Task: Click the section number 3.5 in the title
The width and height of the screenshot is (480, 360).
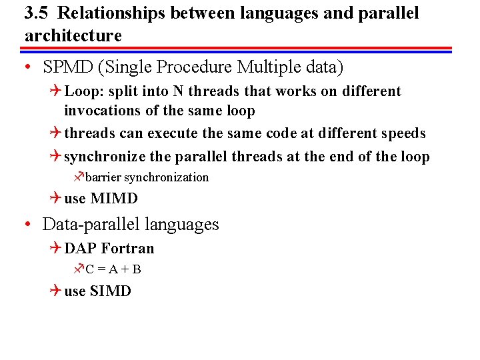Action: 36,13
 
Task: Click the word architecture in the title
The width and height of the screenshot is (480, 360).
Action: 73,35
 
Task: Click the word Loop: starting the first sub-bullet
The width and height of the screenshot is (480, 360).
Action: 83,91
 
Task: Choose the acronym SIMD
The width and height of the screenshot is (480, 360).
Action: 110,291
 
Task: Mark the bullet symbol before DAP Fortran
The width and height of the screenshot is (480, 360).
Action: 55,249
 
